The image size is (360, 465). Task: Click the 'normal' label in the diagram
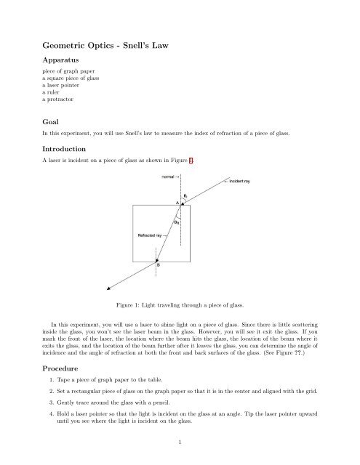click(x=164, y=178)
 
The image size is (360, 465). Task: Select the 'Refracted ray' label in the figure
click(x=149, y=235)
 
